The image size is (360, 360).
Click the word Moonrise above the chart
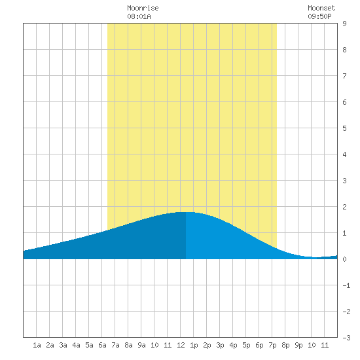tap(143, 8)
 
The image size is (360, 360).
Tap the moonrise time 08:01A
tap(139, 16)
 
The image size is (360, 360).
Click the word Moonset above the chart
tap(321, 8)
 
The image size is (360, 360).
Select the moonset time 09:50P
tap(319, 16)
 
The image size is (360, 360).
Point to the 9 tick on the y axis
tap(344, 24)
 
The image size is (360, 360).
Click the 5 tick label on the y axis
tap(344, 128)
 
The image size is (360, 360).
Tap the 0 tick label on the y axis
tap(344, 259)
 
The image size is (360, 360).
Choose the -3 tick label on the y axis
tap(346, 338)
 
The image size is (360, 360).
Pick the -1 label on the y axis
tap(346, 285)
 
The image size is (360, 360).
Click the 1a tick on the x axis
tap(37, 345)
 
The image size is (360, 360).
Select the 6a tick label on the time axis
tap(102, 345)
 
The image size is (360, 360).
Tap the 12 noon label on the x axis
tap(181, 345)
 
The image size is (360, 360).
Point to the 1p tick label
tap(194, 346)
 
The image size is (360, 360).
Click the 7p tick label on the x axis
tap(272, 346)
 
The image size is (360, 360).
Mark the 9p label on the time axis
tap(298, 346)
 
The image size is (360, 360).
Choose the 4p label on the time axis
tap(233, 346)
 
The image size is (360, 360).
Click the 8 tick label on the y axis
tap(344, 50)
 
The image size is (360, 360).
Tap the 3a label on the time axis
tap(63, 345)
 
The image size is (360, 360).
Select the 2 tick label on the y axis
tap(344, 207)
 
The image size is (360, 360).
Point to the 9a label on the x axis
tap(141, 345)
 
